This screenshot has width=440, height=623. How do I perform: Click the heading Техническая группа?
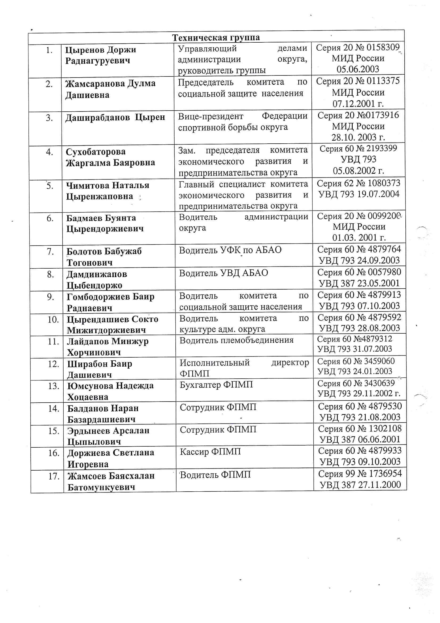pos(216,38)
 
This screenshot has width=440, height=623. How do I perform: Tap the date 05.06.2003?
pos(357,69)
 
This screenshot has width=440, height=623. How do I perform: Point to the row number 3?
pos(49,118)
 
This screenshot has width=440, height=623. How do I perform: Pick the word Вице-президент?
pos(211,116)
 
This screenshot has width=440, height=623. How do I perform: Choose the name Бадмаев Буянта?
pos(101,218)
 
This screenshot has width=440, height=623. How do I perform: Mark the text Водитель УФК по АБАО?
pos(230,250)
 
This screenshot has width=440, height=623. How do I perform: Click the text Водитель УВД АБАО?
pos(223,273)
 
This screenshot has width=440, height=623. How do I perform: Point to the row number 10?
pos(53,320)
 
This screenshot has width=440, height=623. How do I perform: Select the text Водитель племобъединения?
pos(236,340)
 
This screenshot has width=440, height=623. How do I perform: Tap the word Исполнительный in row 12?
pos(215,362)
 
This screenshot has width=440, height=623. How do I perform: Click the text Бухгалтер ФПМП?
pos(216,385)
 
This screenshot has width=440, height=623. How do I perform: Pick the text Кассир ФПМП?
pos(210,451)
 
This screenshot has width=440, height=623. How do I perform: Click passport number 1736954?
pos(383,474)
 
